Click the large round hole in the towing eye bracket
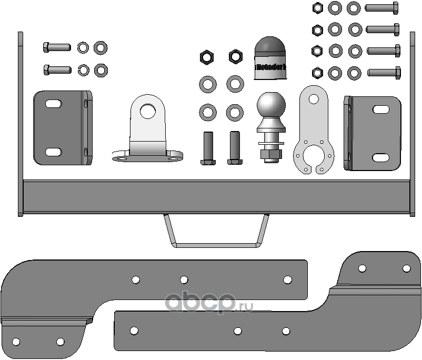point(147,111)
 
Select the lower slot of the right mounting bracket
point(380,157)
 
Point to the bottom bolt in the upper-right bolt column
point(384,72)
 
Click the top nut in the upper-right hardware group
point(317,8)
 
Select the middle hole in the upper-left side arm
point(184,279)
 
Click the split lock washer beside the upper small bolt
point(83,47)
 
